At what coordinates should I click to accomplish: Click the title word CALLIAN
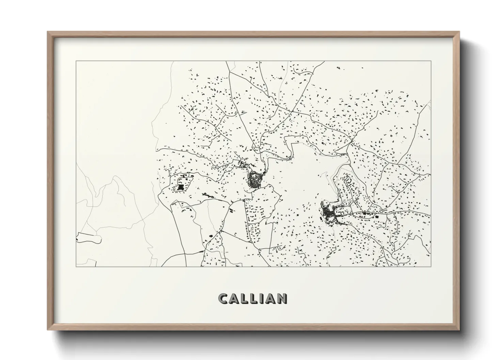[x=252, y=298]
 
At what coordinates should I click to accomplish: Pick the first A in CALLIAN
[x=234, y=298]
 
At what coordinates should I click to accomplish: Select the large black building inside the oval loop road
[x=180, y=187]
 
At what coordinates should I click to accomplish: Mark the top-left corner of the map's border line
[x=76, y=61]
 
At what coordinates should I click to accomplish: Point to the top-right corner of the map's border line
[x=431, y=61]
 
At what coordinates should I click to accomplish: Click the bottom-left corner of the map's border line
[x=76, y=266]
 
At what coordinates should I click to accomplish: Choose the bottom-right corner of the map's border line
[x=431, y=266]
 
